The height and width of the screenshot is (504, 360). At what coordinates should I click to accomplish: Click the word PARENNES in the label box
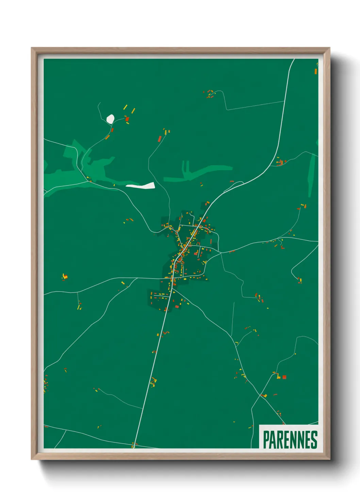tap(290, 439)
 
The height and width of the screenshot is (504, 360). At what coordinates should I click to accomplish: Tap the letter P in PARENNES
tap(266, 440)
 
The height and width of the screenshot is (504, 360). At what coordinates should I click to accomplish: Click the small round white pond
tap(110, 119)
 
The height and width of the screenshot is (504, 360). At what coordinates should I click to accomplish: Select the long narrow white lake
tap(141, 186)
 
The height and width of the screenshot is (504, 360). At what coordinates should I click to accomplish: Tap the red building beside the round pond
tap(127, 119)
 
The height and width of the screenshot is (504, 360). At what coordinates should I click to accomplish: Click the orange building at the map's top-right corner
tap(316, 71)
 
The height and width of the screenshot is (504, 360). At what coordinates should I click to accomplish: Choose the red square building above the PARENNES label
tap(284, 377)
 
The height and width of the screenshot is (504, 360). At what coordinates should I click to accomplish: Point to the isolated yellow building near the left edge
tap(64, 277)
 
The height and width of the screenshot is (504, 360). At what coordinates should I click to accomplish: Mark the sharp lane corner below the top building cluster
tap(227, 110)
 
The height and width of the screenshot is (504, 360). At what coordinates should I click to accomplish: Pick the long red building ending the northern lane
tap(160, 138)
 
